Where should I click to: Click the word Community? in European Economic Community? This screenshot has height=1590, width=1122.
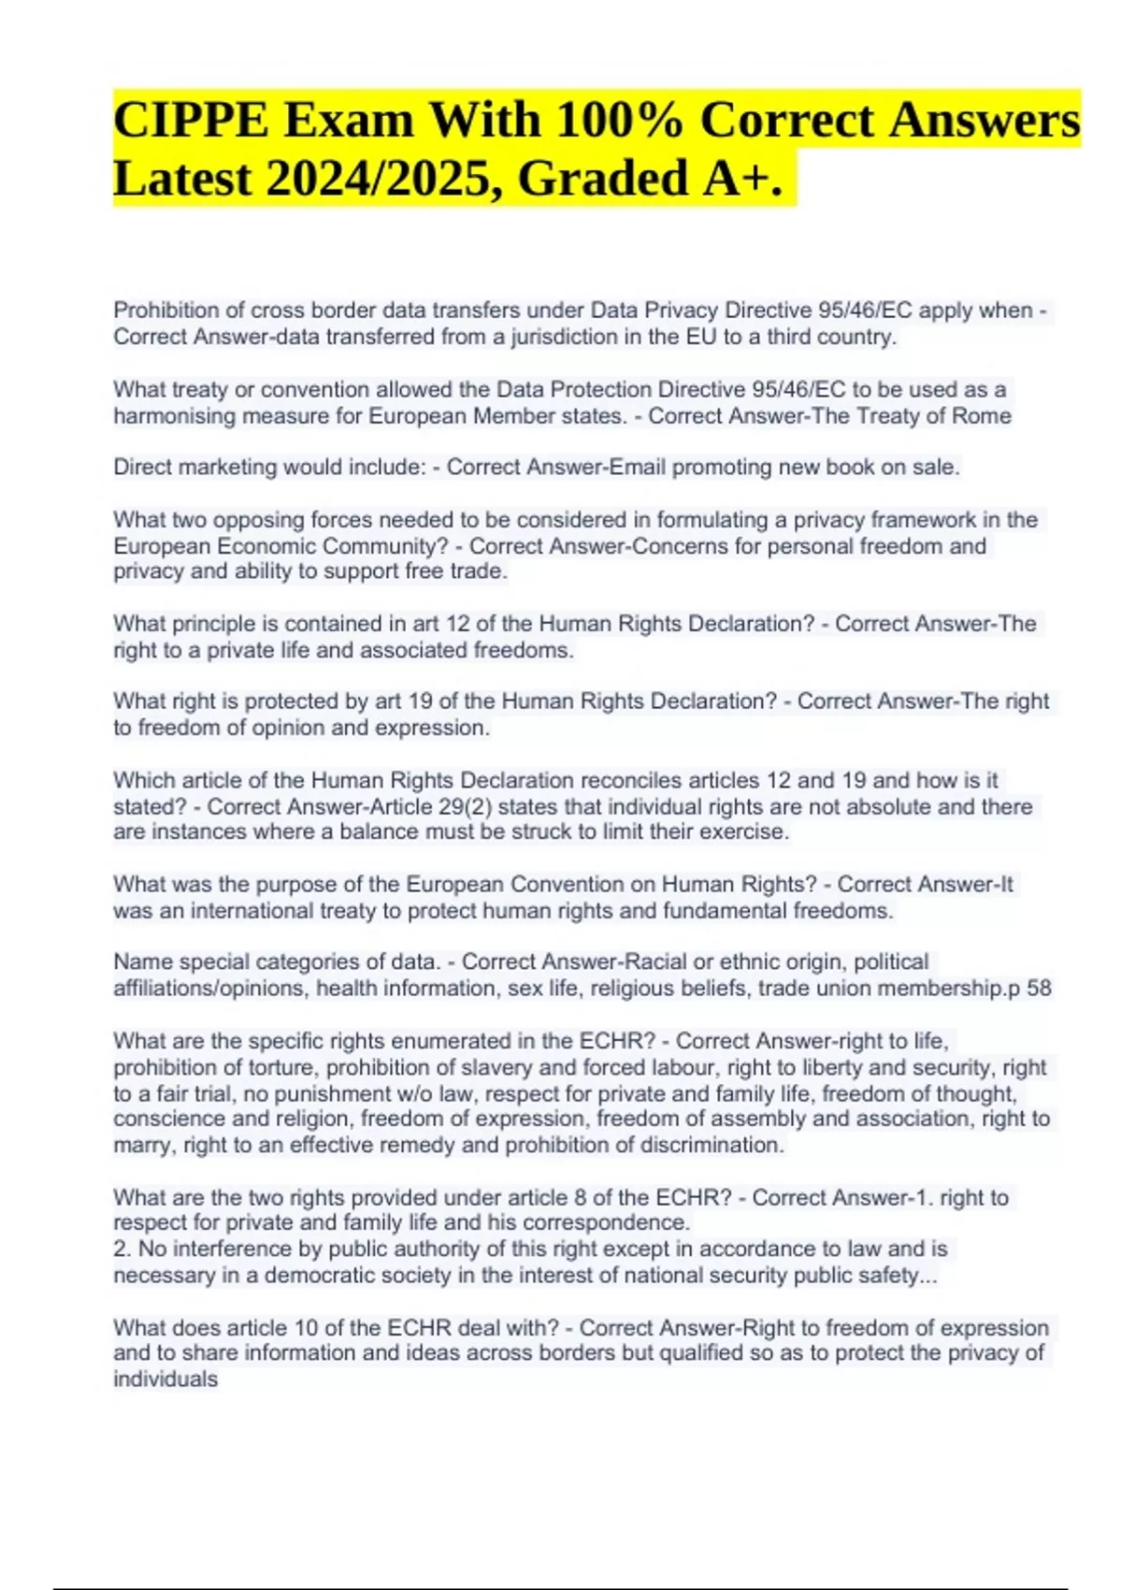403,546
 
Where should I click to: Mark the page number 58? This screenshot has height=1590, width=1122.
1039,989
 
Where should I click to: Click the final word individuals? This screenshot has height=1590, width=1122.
165,1380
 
